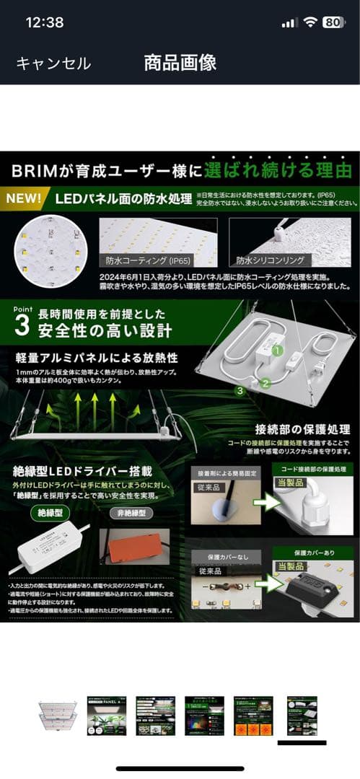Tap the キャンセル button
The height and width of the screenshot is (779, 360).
[53, 63]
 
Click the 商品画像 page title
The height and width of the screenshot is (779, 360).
[180, 63]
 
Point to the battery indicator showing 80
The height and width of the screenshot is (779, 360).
[333, 22]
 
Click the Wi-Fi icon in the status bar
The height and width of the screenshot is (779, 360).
[310, 22]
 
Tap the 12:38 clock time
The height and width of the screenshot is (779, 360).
[45, 22]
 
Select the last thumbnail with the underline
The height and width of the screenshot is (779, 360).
[302, 716]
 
